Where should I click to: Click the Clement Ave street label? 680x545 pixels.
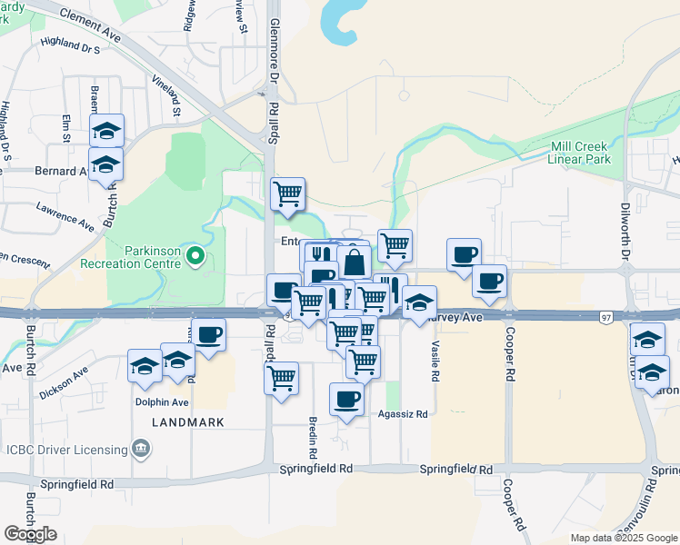(92, 24)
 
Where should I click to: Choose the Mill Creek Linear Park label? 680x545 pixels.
(579, 153)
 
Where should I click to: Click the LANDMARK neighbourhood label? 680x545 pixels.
(186, 423)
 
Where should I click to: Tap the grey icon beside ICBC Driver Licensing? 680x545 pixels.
(141, 447)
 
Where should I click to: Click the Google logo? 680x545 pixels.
(31, 534)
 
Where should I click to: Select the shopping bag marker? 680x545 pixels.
(354, 263)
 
